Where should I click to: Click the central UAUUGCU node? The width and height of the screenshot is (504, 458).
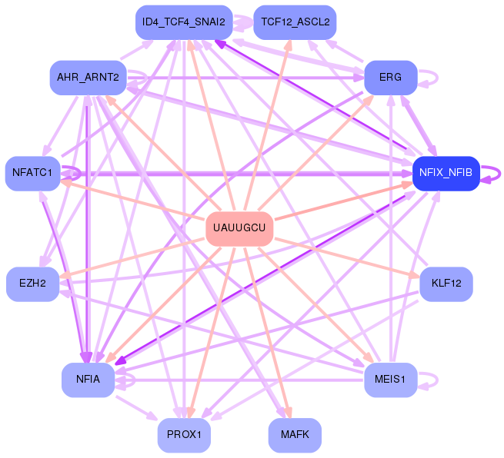(239, 228)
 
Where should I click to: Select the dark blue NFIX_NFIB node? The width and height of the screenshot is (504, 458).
(446, 173)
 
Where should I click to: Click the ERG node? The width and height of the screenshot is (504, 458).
(391, 78)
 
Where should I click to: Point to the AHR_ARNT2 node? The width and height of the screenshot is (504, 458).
(88, 78)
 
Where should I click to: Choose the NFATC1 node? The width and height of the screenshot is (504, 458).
(32, 173)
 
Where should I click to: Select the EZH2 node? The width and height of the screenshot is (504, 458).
(32, 284)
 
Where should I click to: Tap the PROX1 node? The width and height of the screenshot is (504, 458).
(183, 435)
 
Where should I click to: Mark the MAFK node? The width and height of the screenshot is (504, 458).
(295, 435)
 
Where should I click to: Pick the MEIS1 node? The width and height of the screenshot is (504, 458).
(391, 380)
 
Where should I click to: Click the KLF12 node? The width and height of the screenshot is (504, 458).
(446, 284)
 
